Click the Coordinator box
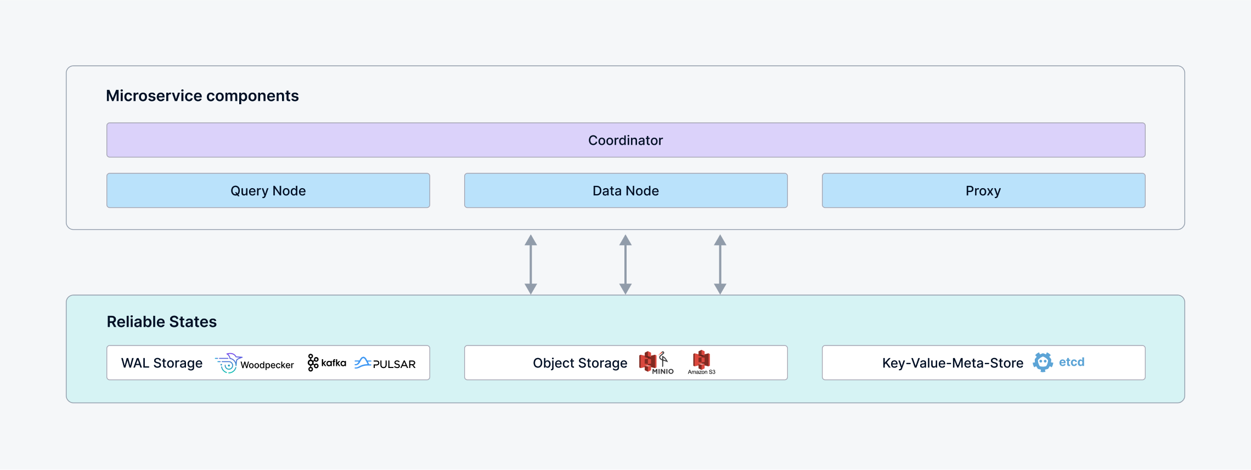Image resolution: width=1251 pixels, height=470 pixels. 625,140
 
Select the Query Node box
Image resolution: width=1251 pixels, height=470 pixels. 268,191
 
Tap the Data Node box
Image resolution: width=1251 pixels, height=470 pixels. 625,191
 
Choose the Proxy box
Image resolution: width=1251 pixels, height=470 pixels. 983,191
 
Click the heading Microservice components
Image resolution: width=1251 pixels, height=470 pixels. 202,96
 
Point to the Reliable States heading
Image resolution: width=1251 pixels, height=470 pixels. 161,322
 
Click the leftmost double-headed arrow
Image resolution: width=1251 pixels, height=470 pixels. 531,264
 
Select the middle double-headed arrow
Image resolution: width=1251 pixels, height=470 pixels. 625,264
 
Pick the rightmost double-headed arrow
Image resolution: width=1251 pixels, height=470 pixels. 720,264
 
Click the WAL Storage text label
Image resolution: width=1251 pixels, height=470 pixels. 162,363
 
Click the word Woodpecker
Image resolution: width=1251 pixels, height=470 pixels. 267,365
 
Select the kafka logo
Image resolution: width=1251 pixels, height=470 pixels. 327,363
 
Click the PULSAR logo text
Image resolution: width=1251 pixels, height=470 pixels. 394,364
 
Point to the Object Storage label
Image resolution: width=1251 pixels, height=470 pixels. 580,363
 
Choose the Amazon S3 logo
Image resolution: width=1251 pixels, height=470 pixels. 701,362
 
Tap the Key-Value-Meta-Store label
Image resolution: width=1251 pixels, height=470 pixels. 953,363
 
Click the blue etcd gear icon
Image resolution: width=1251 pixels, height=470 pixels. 1042,362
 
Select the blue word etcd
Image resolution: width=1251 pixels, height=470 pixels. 1072,362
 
